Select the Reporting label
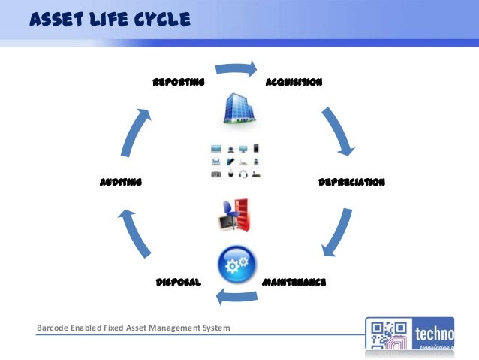pyautogui.click(x=179, y=83)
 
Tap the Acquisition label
pyautogui.click(x=294, y=83)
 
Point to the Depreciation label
pyautogui.click(x=352, y=182)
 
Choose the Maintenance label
pyautogui.click(x=294, y=283)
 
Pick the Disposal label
pyautogui.click(x=178, y=283)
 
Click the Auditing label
pyautogui.click(x=121, y=182)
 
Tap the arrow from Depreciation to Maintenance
pyautogui.click(x=336, y=234)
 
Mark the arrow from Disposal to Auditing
pyautogui.click(x=134, y=234)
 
